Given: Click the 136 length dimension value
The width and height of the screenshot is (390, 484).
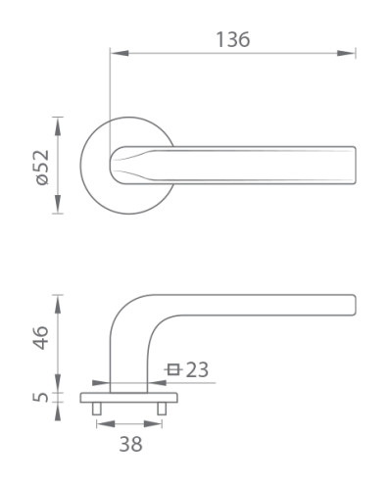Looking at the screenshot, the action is click(233, 39).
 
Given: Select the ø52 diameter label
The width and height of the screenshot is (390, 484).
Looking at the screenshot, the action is click(43, 168).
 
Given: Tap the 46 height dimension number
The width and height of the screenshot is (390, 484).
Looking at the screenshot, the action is click(41, 337).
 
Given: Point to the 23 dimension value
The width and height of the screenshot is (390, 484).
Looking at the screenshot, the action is click(197, 369).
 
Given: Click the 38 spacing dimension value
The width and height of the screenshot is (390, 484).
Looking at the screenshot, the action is click(130, 444).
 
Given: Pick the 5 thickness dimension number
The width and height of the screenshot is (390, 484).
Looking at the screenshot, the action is click(41, 397).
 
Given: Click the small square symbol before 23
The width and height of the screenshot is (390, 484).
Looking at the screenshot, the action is click(173, 369).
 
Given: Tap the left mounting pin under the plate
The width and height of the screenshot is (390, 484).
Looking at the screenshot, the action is click(97, 409).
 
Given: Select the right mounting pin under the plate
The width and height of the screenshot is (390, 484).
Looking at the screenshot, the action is click(162, 409).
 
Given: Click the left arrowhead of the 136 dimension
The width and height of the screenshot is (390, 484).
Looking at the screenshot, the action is click(120, 53).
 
